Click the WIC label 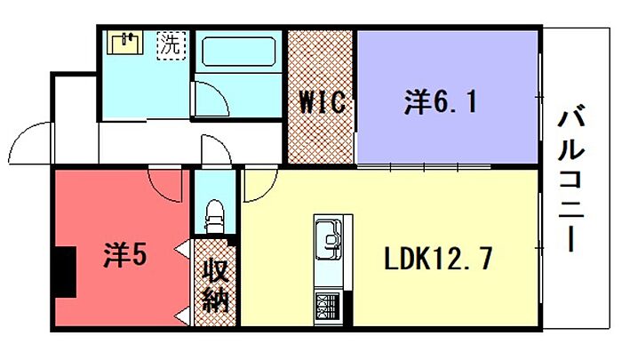321,103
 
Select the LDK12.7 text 438,259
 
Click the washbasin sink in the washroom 127,44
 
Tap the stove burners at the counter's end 326,308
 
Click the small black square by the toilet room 233,241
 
